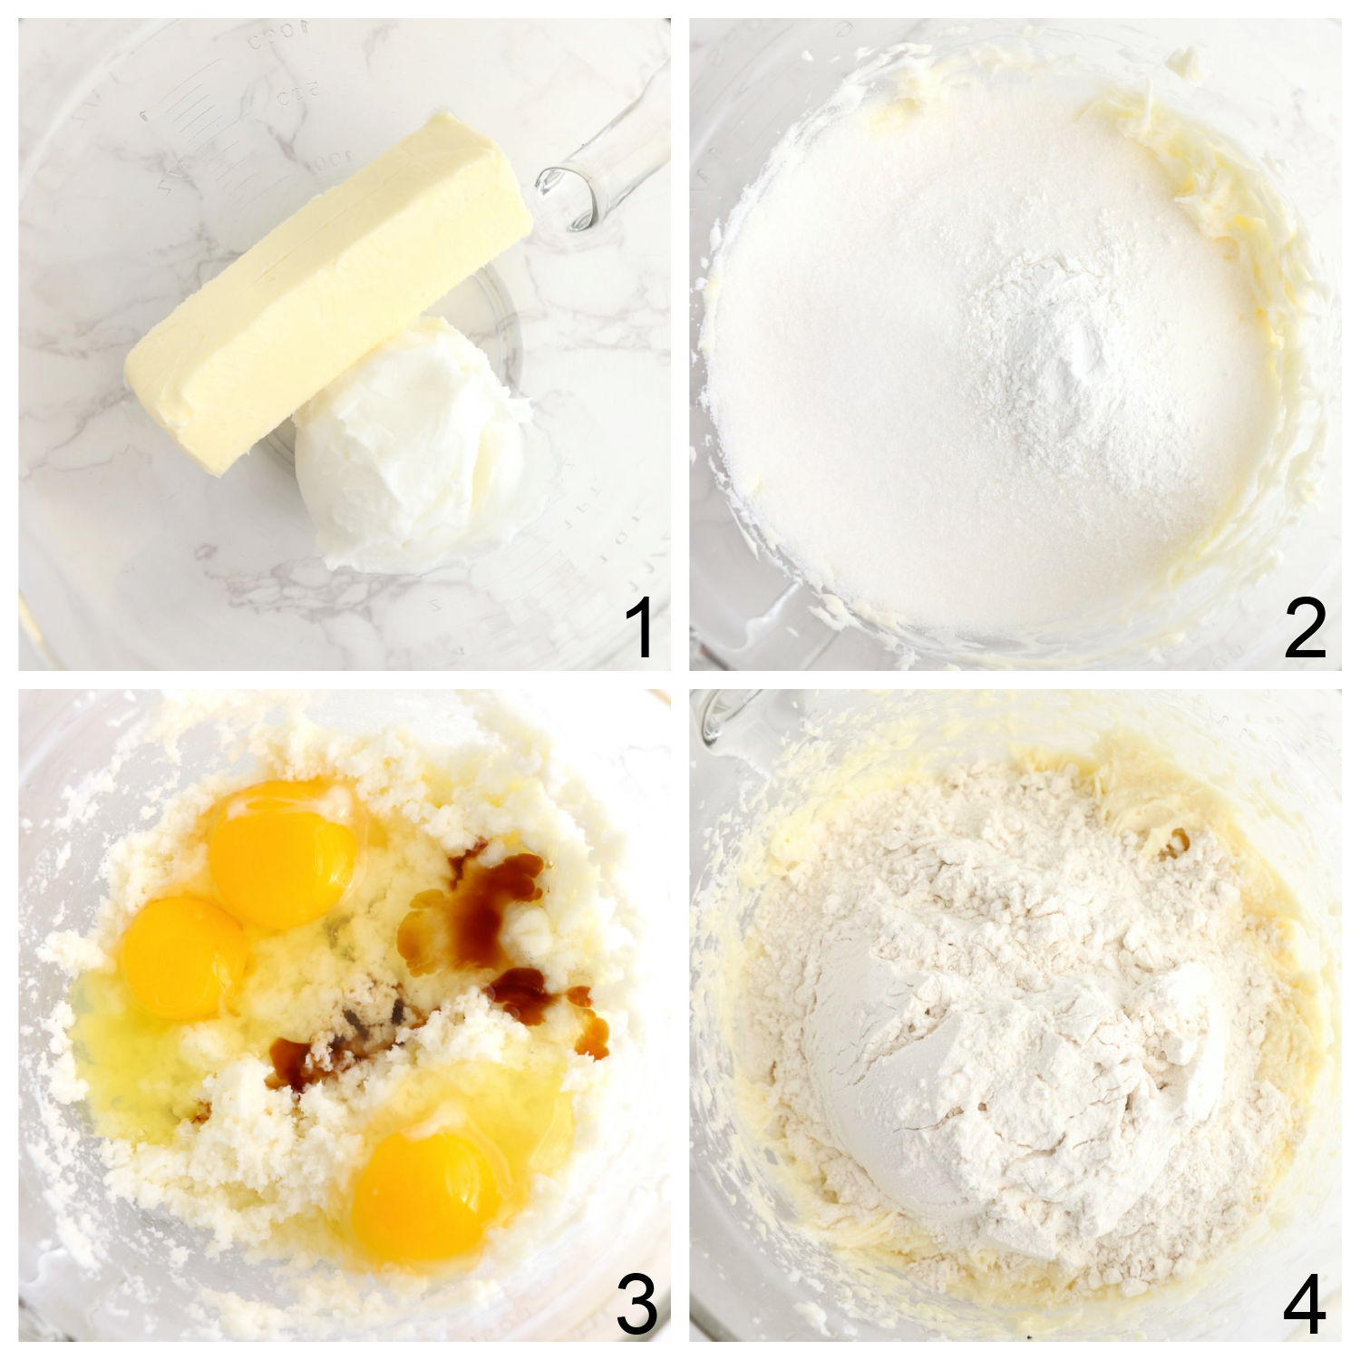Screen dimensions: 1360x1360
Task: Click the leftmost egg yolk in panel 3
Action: [x=181, y=957]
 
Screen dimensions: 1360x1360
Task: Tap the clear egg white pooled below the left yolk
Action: [x=136, y=1052]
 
